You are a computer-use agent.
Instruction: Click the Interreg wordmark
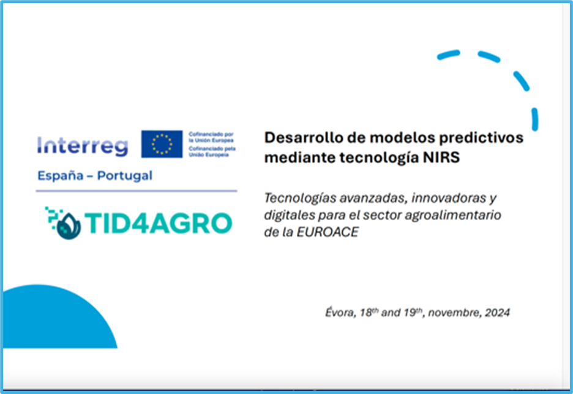tap(83, 146)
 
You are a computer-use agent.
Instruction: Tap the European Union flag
tap(162, 144)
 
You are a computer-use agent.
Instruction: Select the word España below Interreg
tap(61, 176)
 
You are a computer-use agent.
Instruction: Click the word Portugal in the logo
tap(125, 176)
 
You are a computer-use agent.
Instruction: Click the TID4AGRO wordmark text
tap(158, 223)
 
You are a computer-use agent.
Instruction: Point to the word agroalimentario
tap(453, 215)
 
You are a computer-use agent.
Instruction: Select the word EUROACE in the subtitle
tap(328, 232)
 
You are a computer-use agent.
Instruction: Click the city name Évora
tap(340, 313)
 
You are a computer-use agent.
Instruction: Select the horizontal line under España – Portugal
tap(137, 191)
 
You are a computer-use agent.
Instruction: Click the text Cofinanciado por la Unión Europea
tap(211, 137)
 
